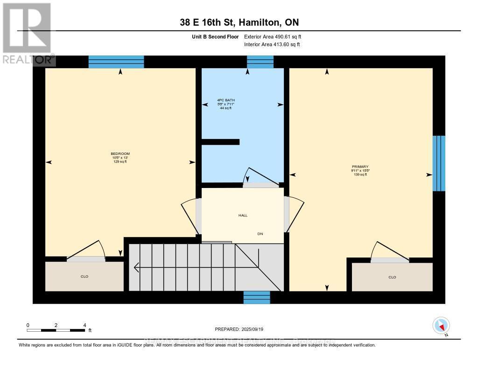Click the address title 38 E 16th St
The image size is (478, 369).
pyautogui.click(x=239, y=22)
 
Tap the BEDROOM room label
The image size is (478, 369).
pyautogui.click(x=120, y=154)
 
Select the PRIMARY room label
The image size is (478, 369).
pyautogui.click(x=360, y=167)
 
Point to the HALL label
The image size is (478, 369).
pyautogui.click(x=243, y=215)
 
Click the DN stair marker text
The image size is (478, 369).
pyautogui.click(x=260, y=233)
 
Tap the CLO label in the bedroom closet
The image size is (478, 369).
pyautogui.click(x=84, y=277)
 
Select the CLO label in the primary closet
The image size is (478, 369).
pyautogui.click(x=392, y=277)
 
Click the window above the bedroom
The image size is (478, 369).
pyautogui.click(x=116, y=62)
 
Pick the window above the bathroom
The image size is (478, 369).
pyautogui.click(x=260, y=62)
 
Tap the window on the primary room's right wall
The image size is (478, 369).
pyautogui.click(x=439, y=163)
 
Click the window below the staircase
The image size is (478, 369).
pyautogui.click(x=257, y=298)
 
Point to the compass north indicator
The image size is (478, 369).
pyautogui.click(x=441, y=325)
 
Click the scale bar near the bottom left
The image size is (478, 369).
pyautogui.click(x=56, y=330)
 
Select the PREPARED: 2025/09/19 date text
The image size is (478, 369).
pyautogui.click(x=239, y=329)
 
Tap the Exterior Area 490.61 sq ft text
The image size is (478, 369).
pyautogui.click(x=276, y=36)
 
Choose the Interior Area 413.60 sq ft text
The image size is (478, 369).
pyautogui.click(x=272, y=44)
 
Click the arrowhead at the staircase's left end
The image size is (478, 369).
pyautogui.click(x=136, y=267)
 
